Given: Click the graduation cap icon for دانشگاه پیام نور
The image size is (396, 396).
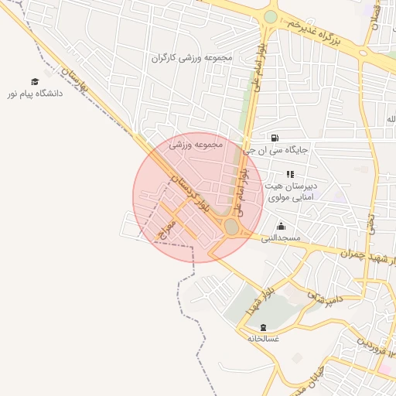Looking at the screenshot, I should pos(35,81).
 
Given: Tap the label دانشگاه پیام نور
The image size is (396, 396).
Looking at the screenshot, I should pos(34,94).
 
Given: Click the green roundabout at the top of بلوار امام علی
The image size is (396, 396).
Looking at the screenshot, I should pos(270,16).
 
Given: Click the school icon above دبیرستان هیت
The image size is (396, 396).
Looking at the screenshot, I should pos(290,175).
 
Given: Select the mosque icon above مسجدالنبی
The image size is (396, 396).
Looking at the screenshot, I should pos(280,226).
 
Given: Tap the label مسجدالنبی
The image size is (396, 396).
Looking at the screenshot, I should pos(279,238).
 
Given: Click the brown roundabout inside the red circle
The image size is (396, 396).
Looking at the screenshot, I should pos(231,226).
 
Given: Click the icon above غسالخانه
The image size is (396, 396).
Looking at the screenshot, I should pos(263,327).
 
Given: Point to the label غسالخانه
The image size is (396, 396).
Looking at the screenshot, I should pos(263,339).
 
